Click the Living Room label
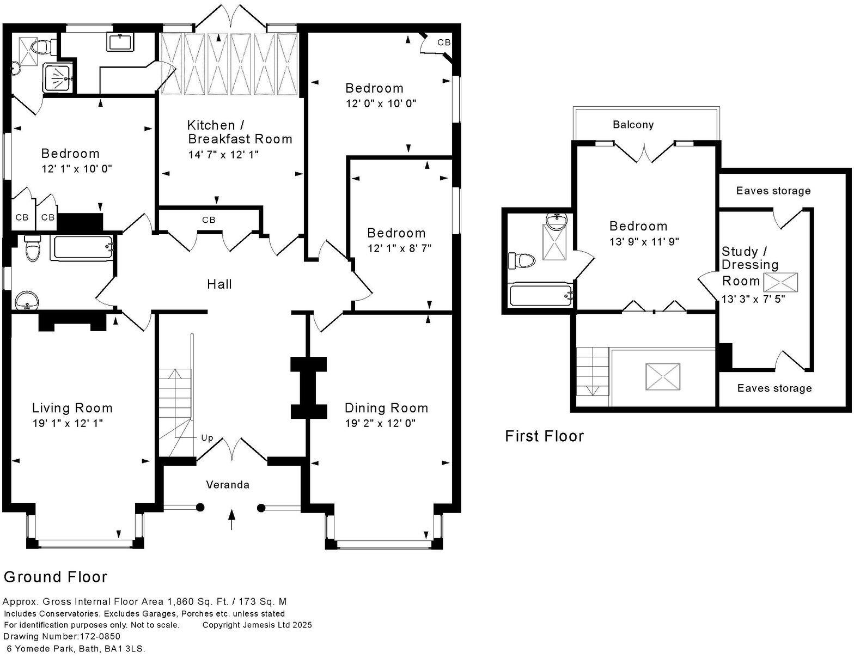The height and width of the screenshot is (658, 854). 72,408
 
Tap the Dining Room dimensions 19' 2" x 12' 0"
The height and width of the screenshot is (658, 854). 380,423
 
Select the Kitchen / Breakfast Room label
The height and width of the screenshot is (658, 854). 240,132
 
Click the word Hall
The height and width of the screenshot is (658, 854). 219,284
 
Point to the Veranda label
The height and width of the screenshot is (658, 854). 228,485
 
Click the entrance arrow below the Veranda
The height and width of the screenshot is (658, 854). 232,519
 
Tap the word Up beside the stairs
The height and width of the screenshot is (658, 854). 207,438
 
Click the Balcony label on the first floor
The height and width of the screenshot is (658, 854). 633,125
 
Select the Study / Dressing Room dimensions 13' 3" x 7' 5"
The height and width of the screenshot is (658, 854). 753,298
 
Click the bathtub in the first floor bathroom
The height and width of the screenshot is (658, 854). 541,295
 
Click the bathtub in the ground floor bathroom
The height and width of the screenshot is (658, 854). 82,248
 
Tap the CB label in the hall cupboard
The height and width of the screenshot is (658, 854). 209,220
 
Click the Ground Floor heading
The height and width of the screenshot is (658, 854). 56,577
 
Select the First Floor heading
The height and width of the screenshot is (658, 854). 544,436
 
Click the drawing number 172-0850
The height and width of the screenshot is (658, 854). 100,636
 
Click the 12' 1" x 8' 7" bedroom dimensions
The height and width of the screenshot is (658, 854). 399,248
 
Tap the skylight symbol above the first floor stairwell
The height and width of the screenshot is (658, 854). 663,376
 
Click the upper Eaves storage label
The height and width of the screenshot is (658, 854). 773,191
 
